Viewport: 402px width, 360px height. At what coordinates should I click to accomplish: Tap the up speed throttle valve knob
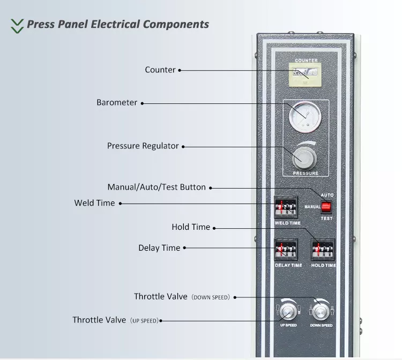pyautogui.click(x=287, y=312)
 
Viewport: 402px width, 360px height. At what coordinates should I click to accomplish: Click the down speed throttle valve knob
pyautogui.click(x=321, y=311)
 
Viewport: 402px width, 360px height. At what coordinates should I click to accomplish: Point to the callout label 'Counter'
pyautogui.click(x=160, y=70)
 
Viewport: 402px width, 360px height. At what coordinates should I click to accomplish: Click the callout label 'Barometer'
pyautogui.click(x=117, y=102)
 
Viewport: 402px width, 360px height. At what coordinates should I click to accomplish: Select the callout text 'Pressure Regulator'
pyautogui.click(x=143, y=146)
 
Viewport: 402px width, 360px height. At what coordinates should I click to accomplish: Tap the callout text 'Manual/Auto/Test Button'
pyautogui.click(x=157, y=187)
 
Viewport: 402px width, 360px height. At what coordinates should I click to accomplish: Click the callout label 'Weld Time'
pyautogui.click(x=94, y=203)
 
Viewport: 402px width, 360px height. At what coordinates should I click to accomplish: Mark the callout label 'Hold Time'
pyautogui.click(x=191, y=227)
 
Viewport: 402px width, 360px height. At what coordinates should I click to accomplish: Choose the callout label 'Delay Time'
pyautogui.click(x=159, y=248)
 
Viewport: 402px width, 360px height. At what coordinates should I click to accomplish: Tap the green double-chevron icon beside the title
pyautogui.click(x=17, y=25)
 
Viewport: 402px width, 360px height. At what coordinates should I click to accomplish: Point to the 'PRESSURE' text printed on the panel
pyautogui.click(x=306, y=174)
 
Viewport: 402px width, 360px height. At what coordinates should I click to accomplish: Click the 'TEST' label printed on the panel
pyautogui.click(x=326, y=218)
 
